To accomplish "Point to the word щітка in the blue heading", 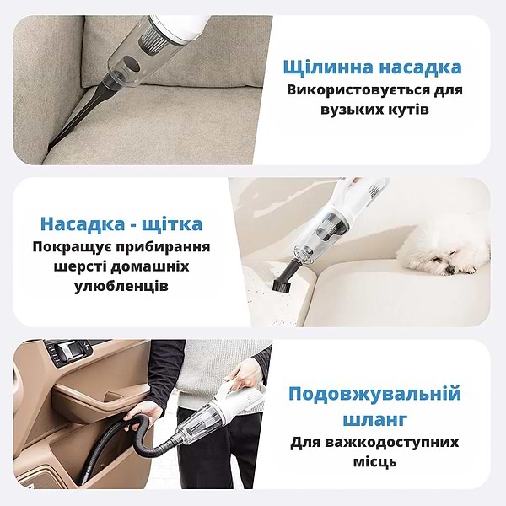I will click(172, 224).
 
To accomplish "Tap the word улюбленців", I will click(121, 287).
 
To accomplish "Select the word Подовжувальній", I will click(374, 395).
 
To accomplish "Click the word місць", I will click(374, 462).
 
